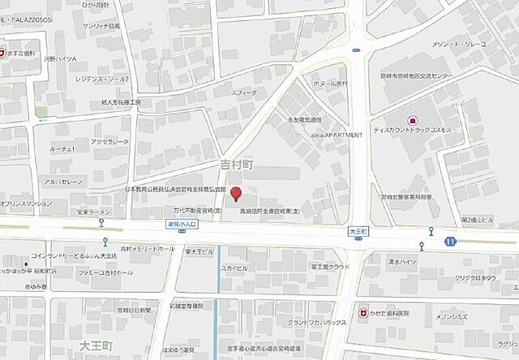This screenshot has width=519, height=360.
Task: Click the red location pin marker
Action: [236, 194]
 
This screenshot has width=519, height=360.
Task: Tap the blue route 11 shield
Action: [449, 241]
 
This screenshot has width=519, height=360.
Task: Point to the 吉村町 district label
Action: [238, 165]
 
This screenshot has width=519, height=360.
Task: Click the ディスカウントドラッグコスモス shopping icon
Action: [412, 121]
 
